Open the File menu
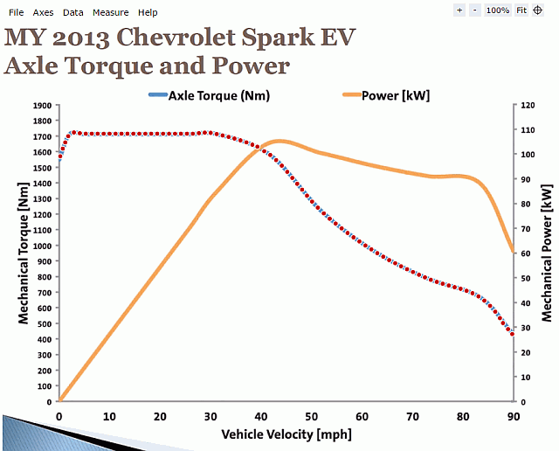[x=16, y=12]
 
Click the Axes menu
[x=43, y=12]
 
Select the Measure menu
[x=110, y=12]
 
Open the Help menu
[x=148, y=12]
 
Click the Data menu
[x=73, y=12]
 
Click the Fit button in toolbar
[x=521, y=10]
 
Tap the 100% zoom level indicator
[x=498, y=10]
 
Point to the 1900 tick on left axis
[x=41, y=105]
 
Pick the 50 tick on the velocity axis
[x=311, y=417]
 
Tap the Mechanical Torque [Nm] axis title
[x=24, y=253]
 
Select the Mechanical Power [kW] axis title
[x=547, y=253]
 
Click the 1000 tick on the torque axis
[x=41, y=246]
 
